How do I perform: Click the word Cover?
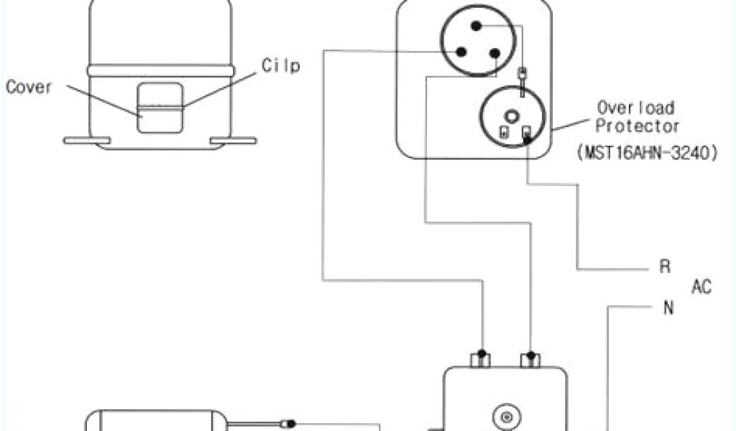click(x=29, y=88)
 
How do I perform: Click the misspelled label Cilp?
click(x=281, y=66)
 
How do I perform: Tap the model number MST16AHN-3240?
click(x=646, y=153)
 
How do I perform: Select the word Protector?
click(x=639, y=126)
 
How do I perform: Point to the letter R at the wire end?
click(x=665, y=267)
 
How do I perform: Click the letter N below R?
click(x=668, y=309)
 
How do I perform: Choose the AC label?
click(x=701, y=287)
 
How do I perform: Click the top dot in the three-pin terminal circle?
click(x=476, y=26)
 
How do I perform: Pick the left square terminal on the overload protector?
click(x=505, y=132)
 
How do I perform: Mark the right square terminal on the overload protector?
click(x=527, y=132)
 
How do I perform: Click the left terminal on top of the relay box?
click(x=482, y=358)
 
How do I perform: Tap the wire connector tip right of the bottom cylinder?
click(x=290, y=423)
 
